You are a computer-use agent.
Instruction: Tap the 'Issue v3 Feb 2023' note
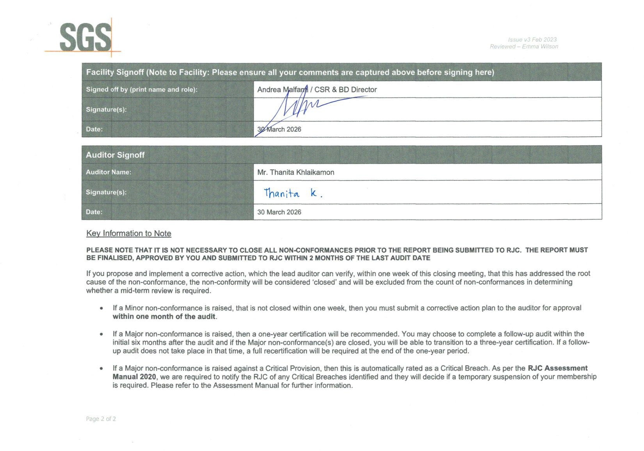(532, 39)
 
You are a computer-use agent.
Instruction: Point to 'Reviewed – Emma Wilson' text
(524, 46)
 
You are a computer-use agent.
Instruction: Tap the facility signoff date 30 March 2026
(279, 129)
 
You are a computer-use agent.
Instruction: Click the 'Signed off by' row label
(142, 89)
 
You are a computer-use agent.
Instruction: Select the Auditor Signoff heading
(115, 155)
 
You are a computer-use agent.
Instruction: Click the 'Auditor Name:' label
(109, 172)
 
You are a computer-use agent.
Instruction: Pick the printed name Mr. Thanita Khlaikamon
(295, 172)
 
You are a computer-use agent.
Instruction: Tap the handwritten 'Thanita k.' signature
(293, 193)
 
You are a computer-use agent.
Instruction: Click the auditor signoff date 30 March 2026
(279, 212)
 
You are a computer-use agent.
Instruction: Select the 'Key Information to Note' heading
(128, 233)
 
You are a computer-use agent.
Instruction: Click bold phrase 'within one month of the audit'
(164, 316)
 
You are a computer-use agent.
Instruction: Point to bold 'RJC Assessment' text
(557, 368)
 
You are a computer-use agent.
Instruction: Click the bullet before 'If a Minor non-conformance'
(101, 308)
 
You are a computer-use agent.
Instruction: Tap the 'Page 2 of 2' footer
(101, 419)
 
